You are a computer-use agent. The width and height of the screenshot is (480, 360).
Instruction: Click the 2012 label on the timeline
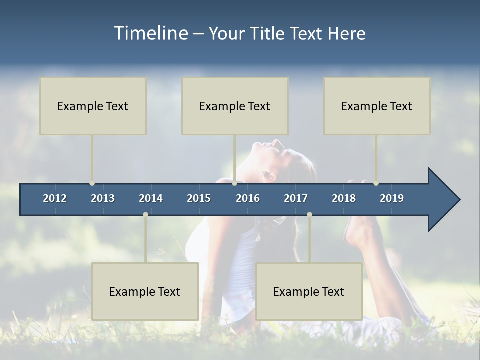pos(55,198)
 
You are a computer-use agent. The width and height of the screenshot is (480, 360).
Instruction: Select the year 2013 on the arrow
pos(103,198)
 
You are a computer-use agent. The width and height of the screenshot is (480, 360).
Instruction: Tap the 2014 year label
pos(151,198)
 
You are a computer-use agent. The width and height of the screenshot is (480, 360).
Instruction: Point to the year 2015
pos(199,198)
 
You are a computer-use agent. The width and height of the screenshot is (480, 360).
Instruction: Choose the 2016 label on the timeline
pos(248,198)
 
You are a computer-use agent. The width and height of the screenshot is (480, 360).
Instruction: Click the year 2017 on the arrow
pos(296,198)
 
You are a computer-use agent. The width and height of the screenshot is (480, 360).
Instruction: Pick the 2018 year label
pos(344,198)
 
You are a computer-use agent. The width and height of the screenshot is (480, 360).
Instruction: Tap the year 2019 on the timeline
pos(392,198)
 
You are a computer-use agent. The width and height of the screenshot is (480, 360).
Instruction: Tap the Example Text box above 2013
pos(93,106)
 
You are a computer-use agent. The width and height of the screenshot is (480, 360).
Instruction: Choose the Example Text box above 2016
pos(235,106)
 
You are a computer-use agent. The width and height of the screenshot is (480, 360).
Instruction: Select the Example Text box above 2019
pos(377,106)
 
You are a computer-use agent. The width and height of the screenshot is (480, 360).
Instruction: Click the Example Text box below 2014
pos(145,291)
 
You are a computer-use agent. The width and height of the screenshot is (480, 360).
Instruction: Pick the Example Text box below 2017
pos(309,291)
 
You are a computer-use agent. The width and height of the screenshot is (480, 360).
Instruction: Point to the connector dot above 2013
pos(92,183)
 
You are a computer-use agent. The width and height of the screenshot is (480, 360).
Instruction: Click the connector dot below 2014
pos(145,214)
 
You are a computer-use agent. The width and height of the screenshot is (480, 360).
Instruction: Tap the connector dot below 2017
pos(309,214)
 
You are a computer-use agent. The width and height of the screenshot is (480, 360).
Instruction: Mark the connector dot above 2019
pos(376,183)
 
